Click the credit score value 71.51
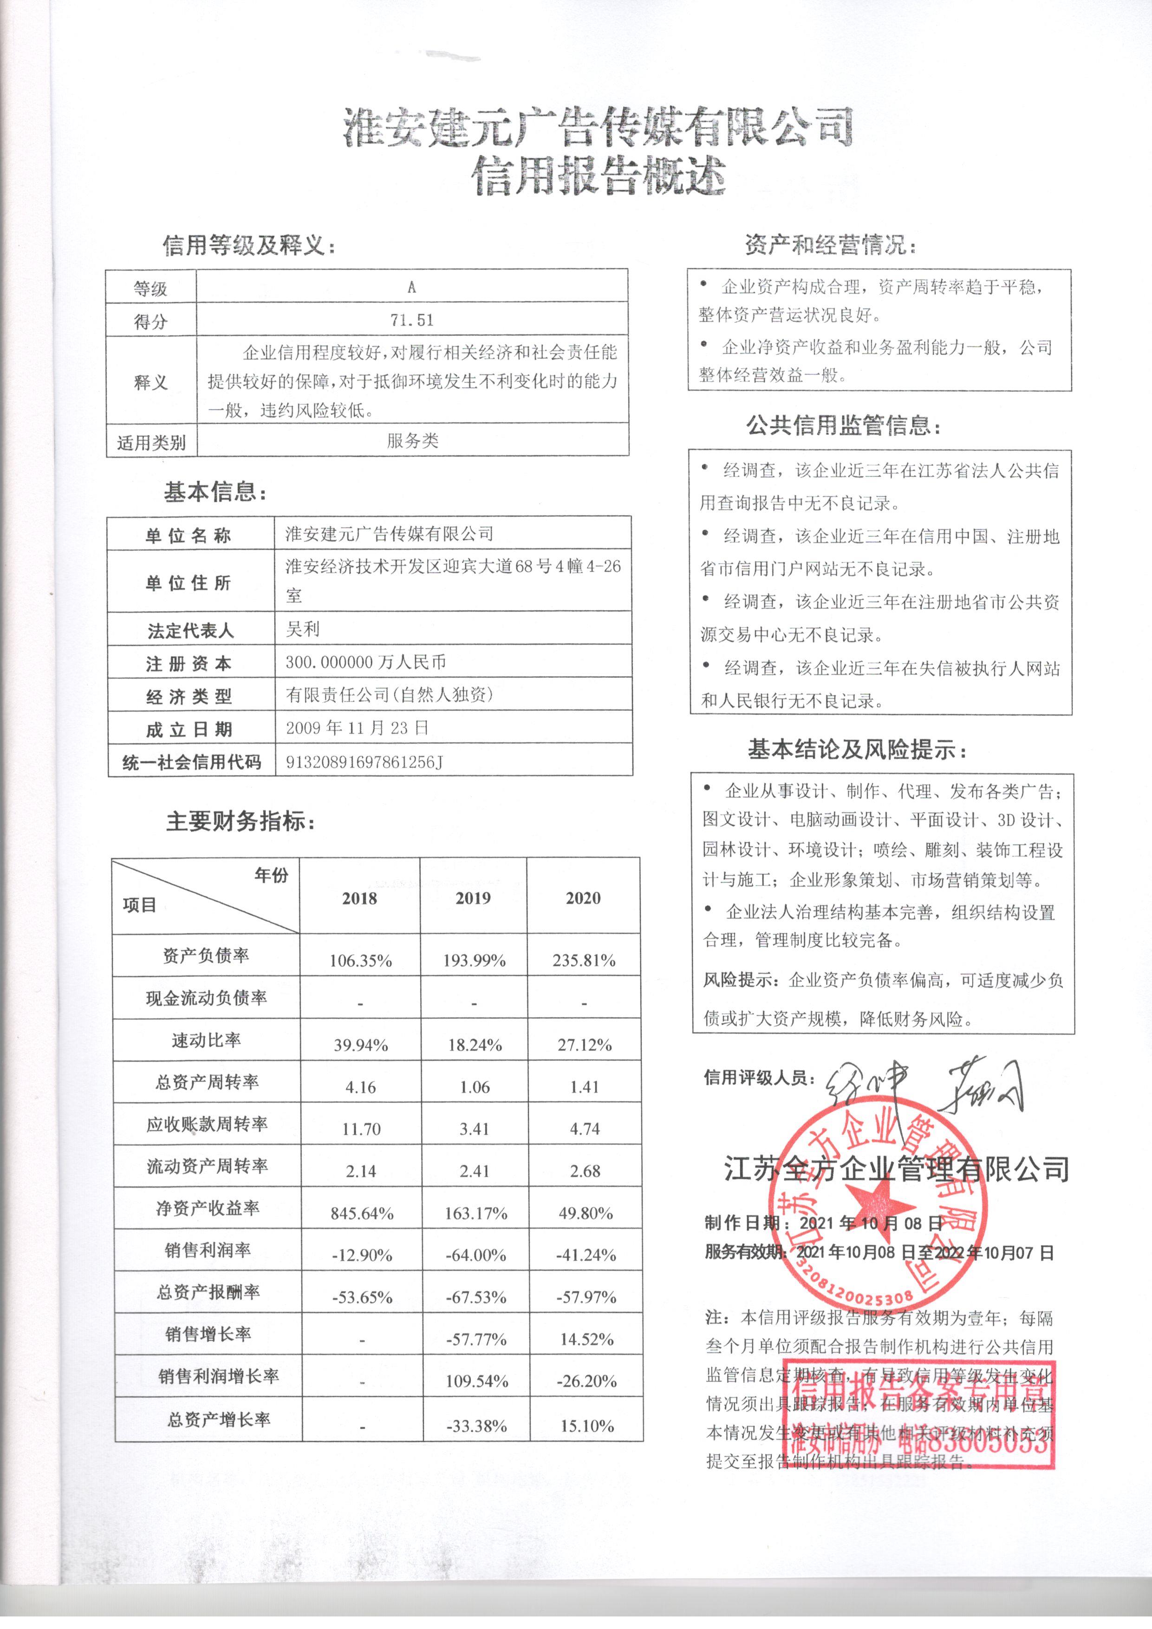pyautogui.click(x=411, y=320)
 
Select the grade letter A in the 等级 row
pyautogui.click(x=411, y=288)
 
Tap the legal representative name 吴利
pyautogui.click(x=303, y=628)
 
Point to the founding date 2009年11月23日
pyautogui.click(x=357, y=728)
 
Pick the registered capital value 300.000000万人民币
pyautogui.click(x=365, y=662)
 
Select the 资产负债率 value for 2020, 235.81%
pyautogui.click(x=584, y=961)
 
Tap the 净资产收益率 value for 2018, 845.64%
pyautogui.click(x=362, y=1213)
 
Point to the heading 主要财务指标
pyautogui.click(x=241, y=822)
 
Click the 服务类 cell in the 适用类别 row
pyautogui.click(x=412, y=441)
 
